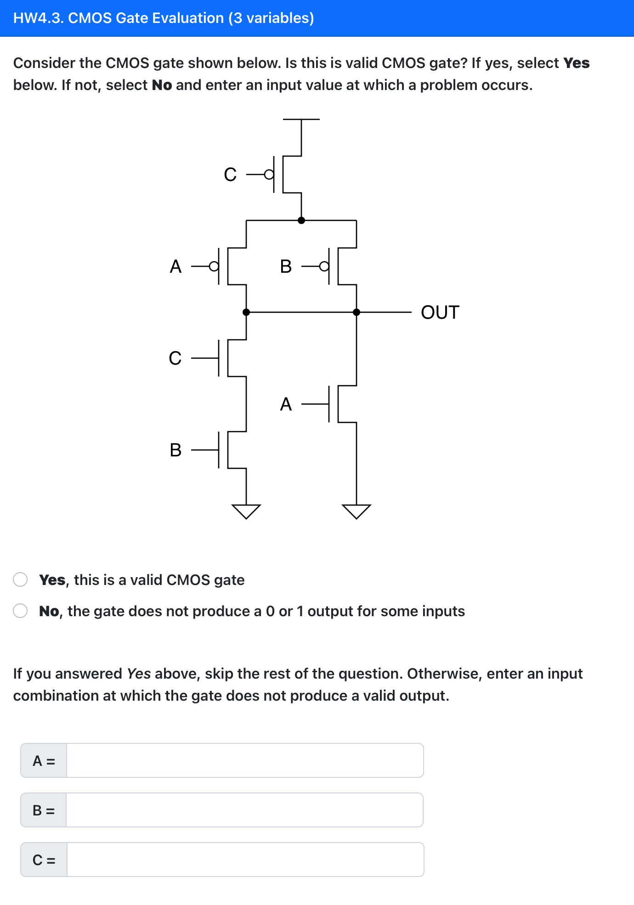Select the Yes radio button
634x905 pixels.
click(x=20, y=579)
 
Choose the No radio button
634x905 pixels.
click(x=20, y=611)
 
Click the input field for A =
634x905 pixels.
click(x=244, y=760)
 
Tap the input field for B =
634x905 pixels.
click(x=244, y=810)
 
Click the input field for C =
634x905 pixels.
click(x=244, y=860)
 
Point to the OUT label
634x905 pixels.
click(x=440, y=313)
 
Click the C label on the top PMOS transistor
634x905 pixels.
click(x=230, y=174)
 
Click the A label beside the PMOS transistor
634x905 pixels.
click(x=175, y=266)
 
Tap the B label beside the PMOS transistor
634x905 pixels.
click(x=286, y=266)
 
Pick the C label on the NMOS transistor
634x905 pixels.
click(x=175, y=358)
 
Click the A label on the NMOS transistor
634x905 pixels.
click(x=286, y=404)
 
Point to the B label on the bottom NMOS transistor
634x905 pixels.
click(x=175, y=450)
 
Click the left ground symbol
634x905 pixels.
click(x=246, y=511)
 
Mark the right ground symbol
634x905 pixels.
click(x=357, y=511)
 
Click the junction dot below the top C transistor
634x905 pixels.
click(x=301, y=220)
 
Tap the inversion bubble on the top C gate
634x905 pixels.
click(x=269, y=174)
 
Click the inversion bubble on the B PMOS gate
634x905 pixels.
click(x=324, y=266)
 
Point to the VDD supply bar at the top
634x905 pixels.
click(x=301, y=119)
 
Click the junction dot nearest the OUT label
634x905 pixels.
click(x=357, y=312)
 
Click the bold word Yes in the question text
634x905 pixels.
click(x=576, y=63)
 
